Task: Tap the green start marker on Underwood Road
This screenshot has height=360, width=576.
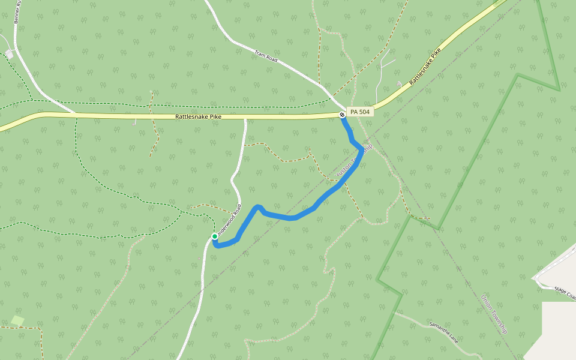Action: point(215,236)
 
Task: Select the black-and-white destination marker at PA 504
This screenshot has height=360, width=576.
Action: point(341,114)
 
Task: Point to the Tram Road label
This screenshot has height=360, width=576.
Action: point(265,57)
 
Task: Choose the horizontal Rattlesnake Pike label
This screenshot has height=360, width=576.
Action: point(199,117)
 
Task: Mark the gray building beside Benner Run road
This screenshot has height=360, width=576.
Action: point(9,55)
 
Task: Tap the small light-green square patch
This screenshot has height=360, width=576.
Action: point(17,321)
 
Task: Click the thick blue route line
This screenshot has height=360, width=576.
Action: point(294,217)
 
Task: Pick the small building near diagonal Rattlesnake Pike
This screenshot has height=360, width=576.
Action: point(400,83)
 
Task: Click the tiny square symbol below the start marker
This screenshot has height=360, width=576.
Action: point(200,259)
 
